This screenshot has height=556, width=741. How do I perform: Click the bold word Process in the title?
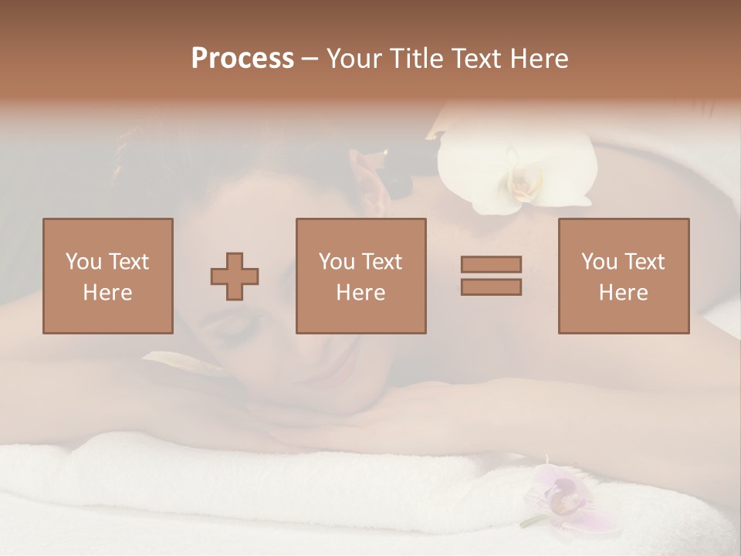coord(242,59)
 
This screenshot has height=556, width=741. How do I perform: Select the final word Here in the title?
coord(540,59)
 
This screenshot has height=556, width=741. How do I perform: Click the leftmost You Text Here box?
coord(108,276)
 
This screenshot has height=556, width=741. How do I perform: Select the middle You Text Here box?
coord(361,276)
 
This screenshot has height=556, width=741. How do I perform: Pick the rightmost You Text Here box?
coord(624,276)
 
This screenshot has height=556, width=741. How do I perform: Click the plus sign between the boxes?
coord(235,276)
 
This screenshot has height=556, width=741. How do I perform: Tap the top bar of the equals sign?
coord(491,264)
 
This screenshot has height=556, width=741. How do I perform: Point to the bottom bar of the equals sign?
coord(491,286)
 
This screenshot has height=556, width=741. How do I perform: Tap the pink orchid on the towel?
coord(560,498)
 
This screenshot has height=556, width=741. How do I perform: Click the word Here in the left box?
coord(108,293)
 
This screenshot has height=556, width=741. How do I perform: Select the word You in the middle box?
coord(337,262)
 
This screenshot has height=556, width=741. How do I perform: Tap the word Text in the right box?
coord(645,262)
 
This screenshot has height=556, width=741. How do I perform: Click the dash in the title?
coord(310,59)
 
